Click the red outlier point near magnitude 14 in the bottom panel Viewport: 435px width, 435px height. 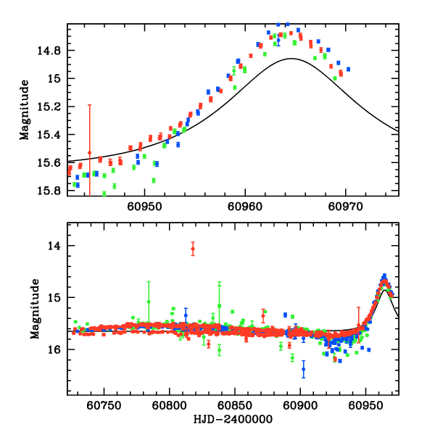coord(193,249)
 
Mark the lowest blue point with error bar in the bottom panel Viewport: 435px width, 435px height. coord(304,369)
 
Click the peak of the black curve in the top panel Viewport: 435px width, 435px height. coord(291,59)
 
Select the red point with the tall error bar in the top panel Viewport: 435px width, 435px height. coord(90,153)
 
